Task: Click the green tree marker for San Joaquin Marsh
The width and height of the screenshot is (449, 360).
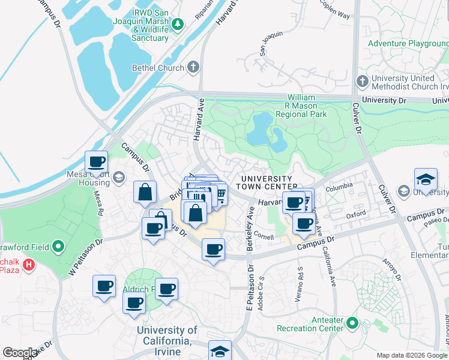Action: pos(178,24)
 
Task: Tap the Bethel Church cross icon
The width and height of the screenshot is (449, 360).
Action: pos(193,67)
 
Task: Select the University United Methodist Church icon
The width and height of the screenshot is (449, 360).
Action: pos(361,81)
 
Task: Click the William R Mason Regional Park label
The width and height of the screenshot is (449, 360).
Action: pos(310,106)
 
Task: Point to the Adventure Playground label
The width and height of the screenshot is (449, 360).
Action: pos(408,44)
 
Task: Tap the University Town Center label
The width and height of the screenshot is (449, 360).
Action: pos(267,183)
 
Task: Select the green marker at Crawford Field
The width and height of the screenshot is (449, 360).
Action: pos(58,246)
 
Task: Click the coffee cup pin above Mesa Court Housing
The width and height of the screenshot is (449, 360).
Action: pos(97,161)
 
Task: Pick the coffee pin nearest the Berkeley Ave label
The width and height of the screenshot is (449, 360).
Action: pos(213,249)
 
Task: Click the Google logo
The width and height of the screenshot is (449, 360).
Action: pos(20,353)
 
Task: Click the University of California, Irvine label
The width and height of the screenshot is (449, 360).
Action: pos(167,336)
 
